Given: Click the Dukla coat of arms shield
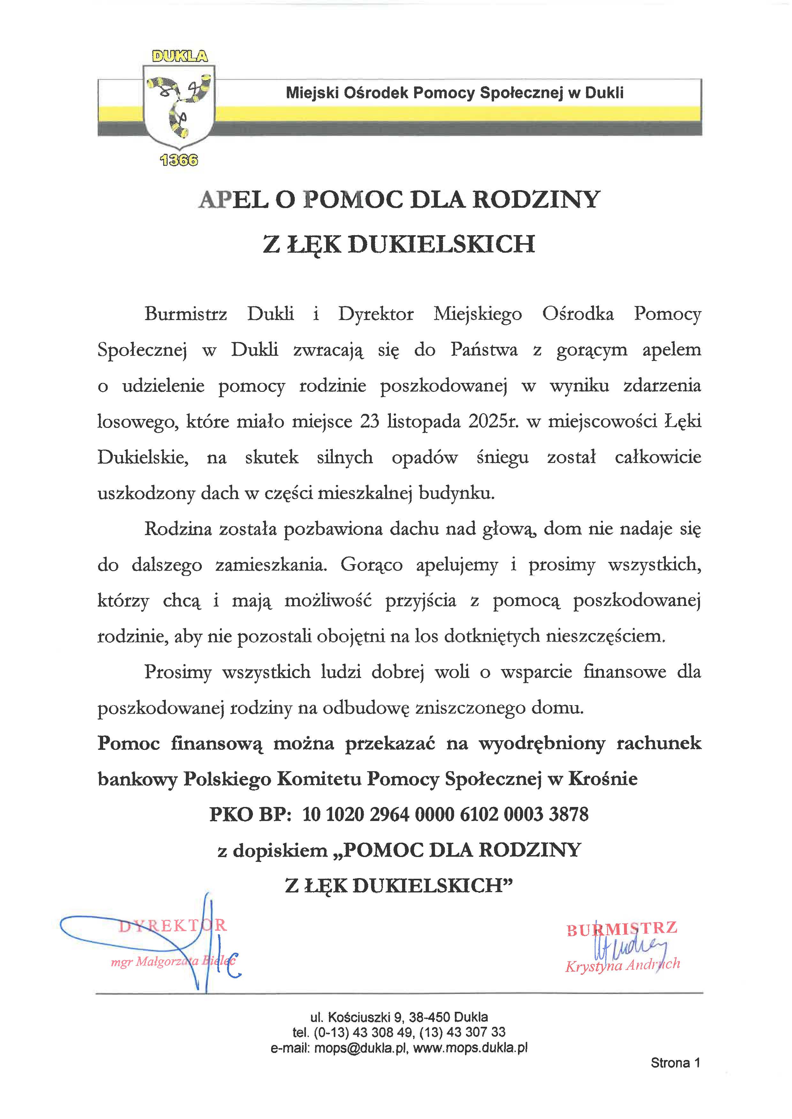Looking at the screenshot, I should coord(179,107).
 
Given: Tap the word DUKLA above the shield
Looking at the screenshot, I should coord(179,56).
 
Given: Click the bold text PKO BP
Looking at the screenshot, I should coord(250,814).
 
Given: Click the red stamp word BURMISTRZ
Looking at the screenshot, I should coord(622,929).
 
